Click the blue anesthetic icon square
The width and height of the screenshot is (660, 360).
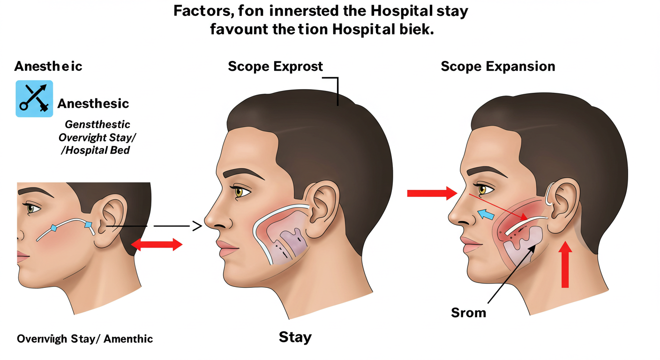coord(34,98)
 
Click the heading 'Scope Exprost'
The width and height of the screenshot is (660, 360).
coord(275,67)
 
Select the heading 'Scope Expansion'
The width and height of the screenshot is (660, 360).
coord(498,67)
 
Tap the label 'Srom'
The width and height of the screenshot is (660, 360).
coord(469,312)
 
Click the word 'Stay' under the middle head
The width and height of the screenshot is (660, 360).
coord(295,337)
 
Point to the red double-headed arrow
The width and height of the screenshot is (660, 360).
coord(156,244)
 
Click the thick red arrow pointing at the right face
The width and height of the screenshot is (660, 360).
coord(431,193)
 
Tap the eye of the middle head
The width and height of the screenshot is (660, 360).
coord(242,192)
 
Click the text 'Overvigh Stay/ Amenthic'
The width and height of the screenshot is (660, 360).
coord(85,338)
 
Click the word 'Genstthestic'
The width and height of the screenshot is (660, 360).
coord(97,125)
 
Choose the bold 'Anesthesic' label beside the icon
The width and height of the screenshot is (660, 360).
coord(93,104)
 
